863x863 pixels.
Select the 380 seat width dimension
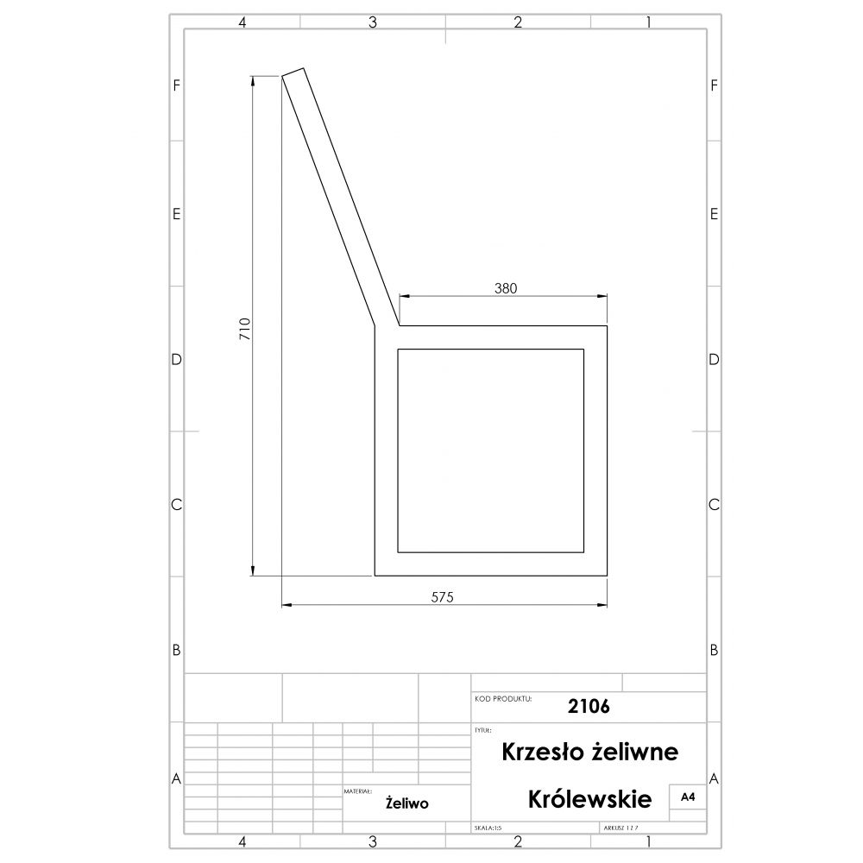point(506,289)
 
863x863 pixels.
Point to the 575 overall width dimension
point(443,596)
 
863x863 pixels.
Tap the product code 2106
point(589,706)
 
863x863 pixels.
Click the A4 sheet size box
point(688,798)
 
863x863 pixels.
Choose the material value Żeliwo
point(407,803)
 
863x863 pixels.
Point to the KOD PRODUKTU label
point(503,697)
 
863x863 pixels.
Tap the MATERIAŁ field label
point(357,790)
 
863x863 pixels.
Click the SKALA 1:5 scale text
point(488,828)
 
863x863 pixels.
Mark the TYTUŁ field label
point(483,730)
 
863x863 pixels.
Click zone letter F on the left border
point(176,85)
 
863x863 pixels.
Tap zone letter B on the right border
point(714,650)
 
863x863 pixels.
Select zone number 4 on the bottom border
point(243,841)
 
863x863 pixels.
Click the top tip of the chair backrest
point(293,72)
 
